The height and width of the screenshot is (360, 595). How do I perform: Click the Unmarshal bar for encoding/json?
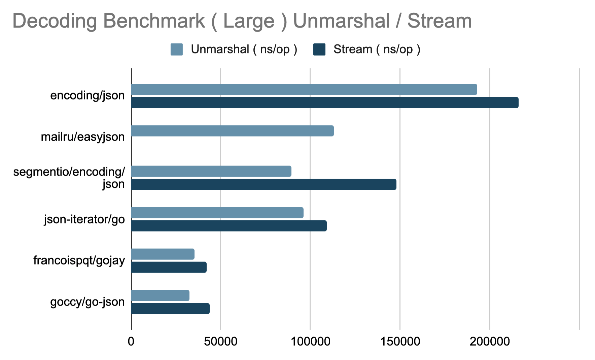click(304, 89)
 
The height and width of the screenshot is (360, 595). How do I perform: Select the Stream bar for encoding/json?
click(325, 103)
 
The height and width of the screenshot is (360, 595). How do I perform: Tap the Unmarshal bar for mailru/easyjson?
click(232, 131)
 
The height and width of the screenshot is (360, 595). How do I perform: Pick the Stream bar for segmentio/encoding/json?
click(264, 184)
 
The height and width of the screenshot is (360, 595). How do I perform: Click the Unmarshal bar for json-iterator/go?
click(217, 213)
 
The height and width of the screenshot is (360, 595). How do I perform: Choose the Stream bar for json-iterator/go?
click(229, 226)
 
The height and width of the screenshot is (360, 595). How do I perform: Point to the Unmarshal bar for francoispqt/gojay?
click(163, 254)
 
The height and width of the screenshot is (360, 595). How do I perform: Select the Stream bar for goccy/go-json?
click(170, 309)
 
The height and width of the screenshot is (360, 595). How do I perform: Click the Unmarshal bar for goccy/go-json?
click(160, 295)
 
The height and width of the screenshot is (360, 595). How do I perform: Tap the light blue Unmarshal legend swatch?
click(177, 49)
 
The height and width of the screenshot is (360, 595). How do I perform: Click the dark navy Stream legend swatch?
click(319, 49)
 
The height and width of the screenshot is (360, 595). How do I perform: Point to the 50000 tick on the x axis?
click(220, 342)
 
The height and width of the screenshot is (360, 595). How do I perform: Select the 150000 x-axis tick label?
click(400, 342)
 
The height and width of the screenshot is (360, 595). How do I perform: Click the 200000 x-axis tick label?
click(490, 342)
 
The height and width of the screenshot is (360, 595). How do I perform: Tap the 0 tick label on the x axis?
click(131, 342)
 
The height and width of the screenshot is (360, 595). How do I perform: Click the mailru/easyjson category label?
click(83, 137)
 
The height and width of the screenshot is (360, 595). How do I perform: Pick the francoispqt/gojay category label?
click(79, 260)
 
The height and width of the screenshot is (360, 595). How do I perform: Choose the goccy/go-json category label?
click(87, 302)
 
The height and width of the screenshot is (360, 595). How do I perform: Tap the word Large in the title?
click(249, 21)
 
